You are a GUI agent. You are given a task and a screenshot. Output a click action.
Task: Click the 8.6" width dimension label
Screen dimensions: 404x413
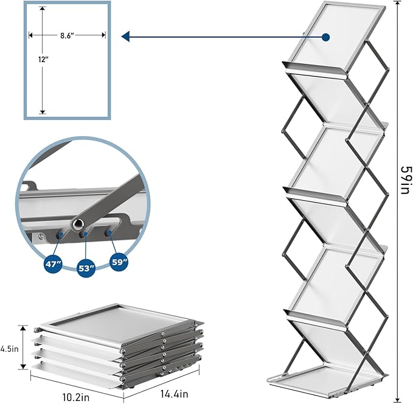pyautogui.click(x=67, y=36)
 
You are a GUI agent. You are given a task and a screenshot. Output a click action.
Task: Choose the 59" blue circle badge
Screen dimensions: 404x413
pyautogui.click(x=119, y=263)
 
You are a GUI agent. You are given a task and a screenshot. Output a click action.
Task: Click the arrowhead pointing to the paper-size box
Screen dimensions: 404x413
pyautogui.click(x=126, y=37)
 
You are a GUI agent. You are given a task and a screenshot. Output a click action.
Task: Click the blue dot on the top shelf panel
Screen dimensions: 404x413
pyautogui.click(x=326, y=37)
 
